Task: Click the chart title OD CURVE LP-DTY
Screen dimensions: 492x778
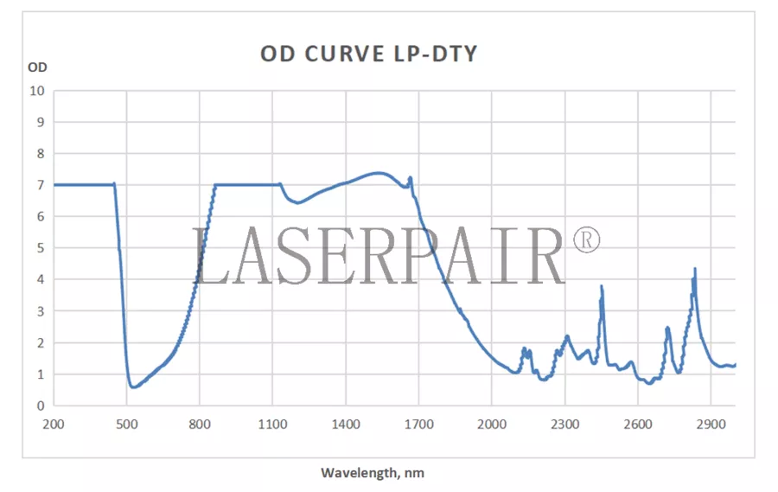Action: click(368, 54)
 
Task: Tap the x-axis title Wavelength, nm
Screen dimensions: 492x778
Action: click(373, 473)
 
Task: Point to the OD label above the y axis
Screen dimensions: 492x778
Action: click(37, 67)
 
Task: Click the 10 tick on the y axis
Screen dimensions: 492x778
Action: click(37, 90)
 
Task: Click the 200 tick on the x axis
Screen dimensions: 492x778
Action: click(54, 424)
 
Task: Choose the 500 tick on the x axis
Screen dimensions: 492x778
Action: click(126, 424)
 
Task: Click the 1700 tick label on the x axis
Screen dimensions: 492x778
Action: click(418, 424)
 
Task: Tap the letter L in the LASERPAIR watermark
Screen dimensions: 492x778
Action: click(206, 257)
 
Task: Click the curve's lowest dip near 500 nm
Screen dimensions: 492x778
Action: click(132, 387)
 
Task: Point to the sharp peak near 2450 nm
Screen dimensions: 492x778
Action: click(602, 286)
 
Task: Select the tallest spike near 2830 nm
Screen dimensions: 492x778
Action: click(695, 269)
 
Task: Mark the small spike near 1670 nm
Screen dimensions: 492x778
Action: click(410, 178)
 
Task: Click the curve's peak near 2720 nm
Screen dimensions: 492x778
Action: click(667, 328)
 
